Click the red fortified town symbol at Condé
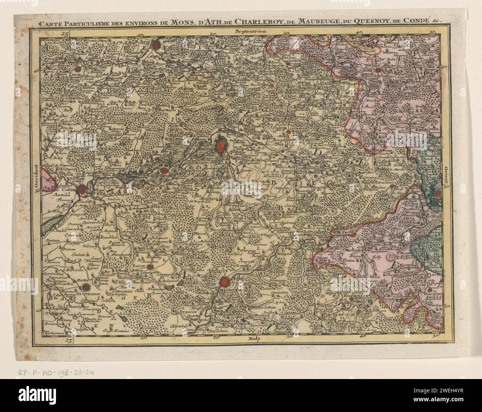pos(82,190)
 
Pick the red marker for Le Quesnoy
pos(86,287)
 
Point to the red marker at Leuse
pos(78,69)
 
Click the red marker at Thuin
pos(354,234)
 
